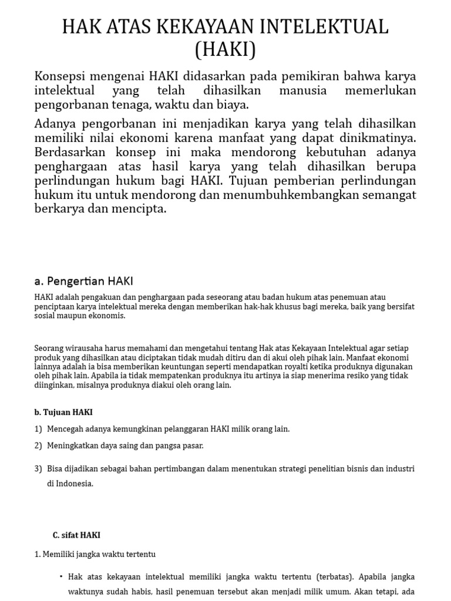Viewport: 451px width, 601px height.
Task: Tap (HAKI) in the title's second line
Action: click(x=225, y=49)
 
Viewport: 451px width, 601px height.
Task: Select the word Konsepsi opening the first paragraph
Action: click(x=61, y=76)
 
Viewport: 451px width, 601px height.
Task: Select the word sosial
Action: click(x=46, y=315)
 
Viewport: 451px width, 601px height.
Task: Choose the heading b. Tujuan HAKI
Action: click(x=63, y=412)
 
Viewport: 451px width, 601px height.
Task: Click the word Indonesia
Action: click(x=74, y=484)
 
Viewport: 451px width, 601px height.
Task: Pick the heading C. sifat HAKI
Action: click(x=76, y=535)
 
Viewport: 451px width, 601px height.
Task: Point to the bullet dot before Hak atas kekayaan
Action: click(x=61, y=576)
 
